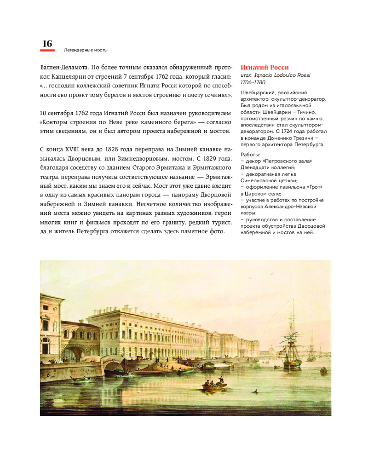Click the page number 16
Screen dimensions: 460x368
pyautogui.click(x=47, y=43)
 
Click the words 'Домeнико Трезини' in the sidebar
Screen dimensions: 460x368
pyautogui.click(x=300, y=138)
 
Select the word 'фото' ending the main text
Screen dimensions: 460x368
pyautogui.click(x=216, y=231)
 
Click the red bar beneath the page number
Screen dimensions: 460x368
pyautogui.click(x=47, y=50)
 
